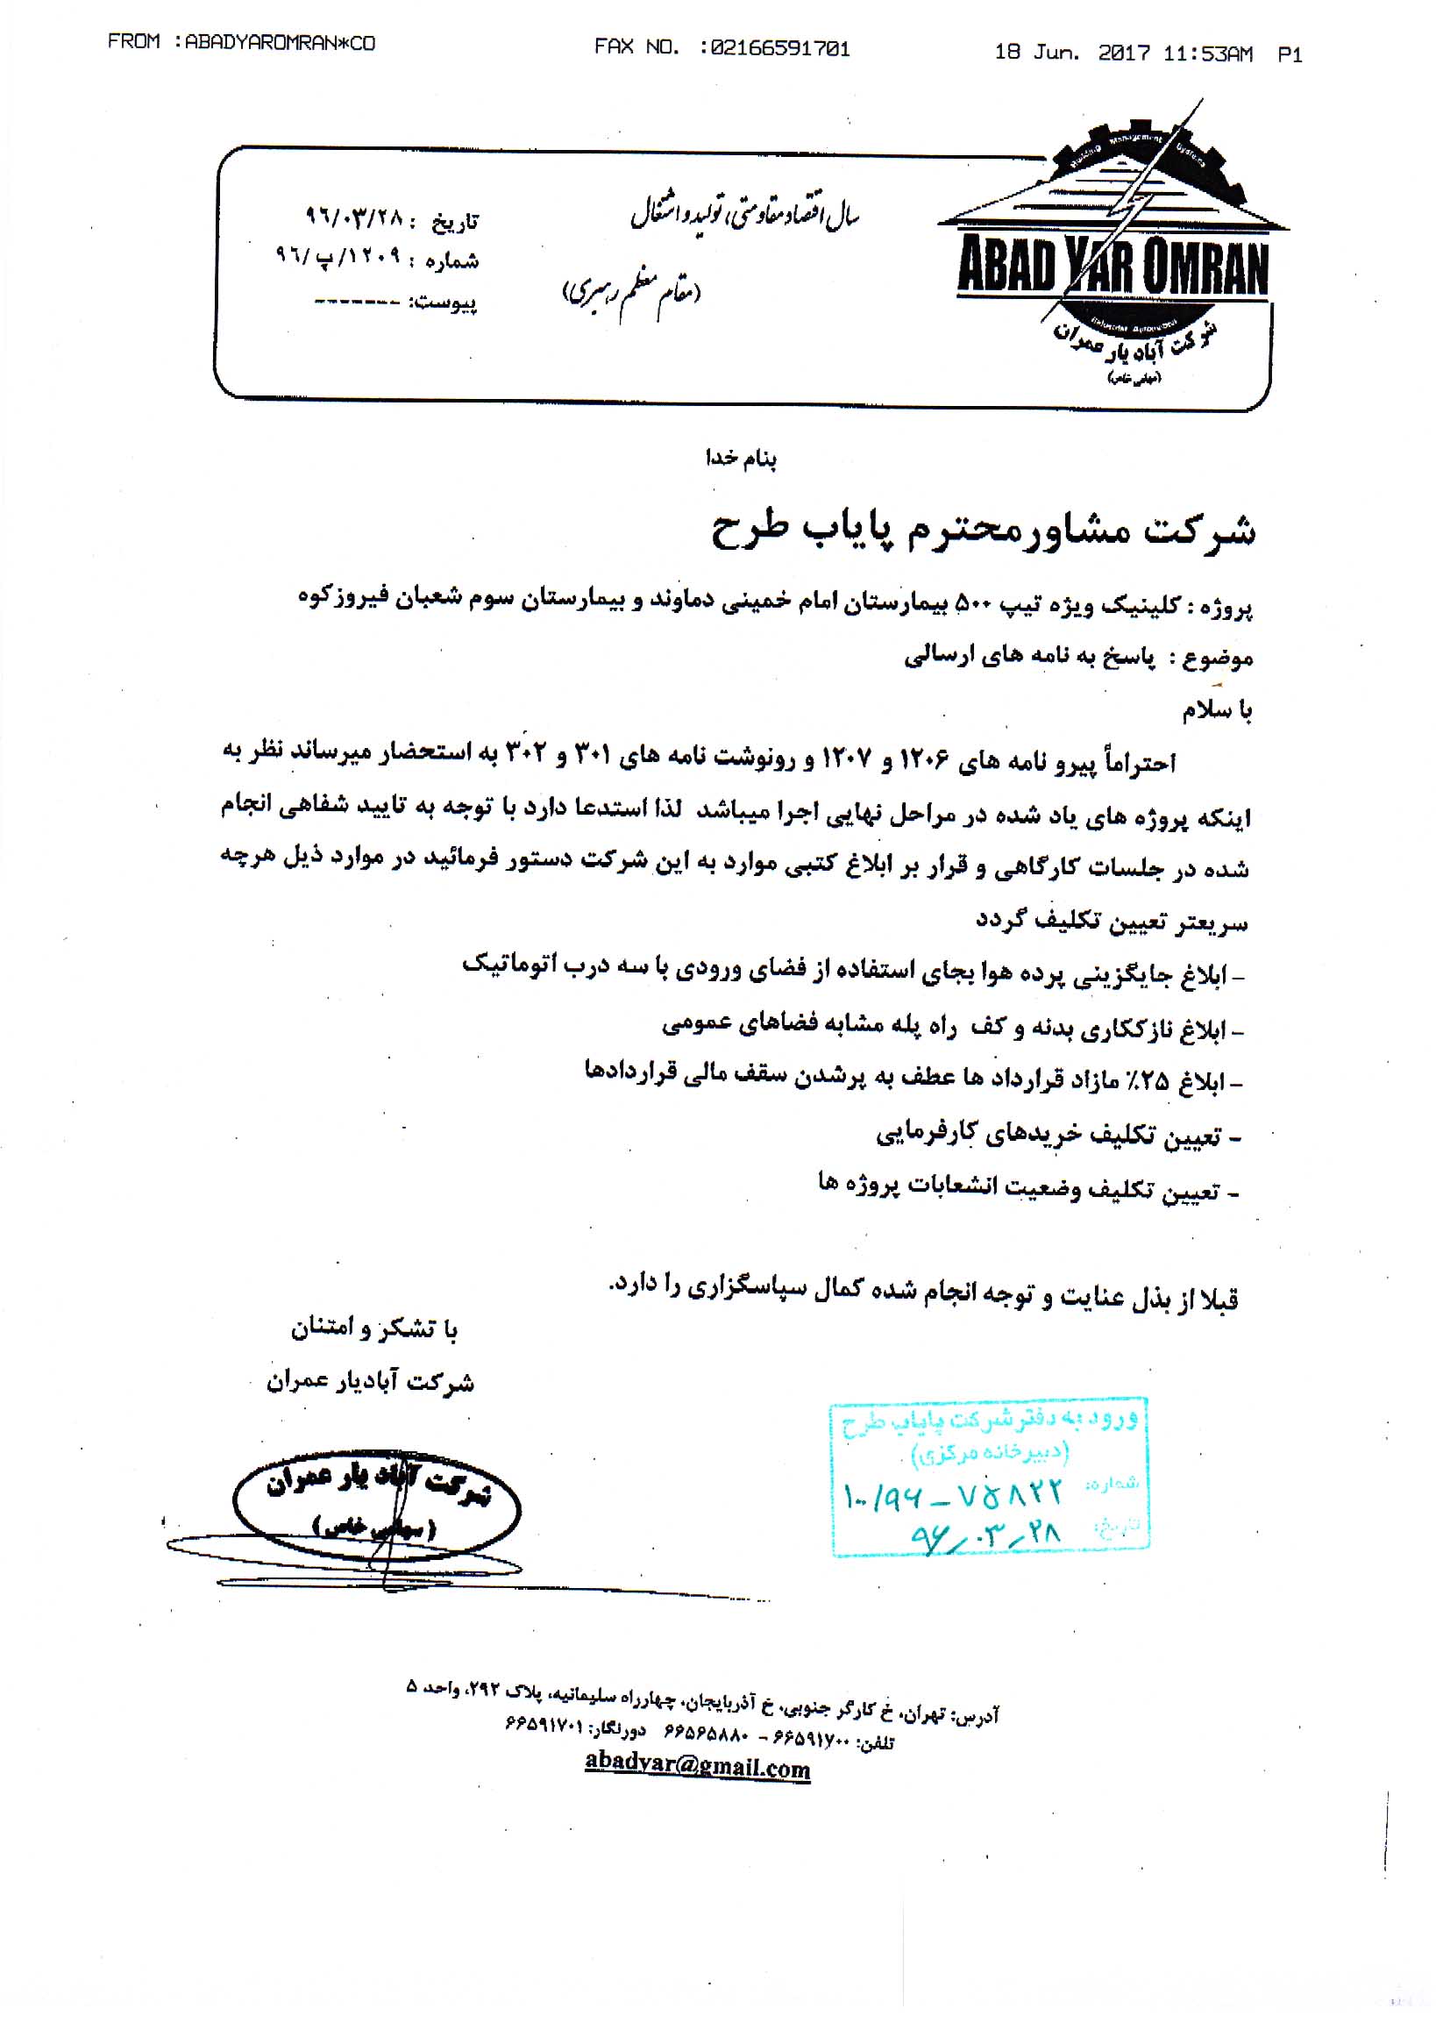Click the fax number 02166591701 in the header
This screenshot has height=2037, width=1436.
pos(780,49)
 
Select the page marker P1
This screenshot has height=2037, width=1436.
pos(1290,54)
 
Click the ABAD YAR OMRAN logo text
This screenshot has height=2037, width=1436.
pos(1113,268)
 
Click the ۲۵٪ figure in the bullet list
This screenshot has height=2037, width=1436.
pos(1156,1081)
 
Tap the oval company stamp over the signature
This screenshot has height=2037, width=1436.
pos(377,1509)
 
